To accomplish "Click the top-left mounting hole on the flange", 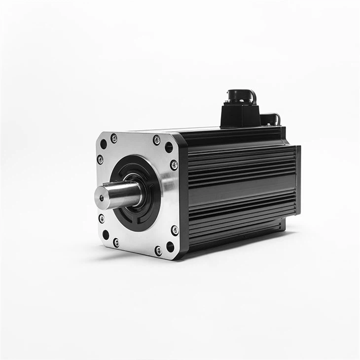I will [x=104, y=144].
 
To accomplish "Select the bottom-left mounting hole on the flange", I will [x=106, y=235].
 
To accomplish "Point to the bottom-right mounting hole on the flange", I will [x=170, y=246].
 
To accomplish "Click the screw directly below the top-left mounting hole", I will [x=100, y=159].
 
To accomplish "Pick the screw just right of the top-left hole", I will [x=114, y=139].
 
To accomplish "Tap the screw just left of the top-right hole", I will [x=156, y=140].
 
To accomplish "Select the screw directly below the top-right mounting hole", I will [x=174, y=165].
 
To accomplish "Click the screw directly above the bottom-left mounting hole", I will [x=102, y=218].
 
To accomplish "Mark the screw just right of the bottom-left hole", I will [x=116, y=243].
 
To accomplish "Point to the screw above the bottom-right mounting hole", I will [x=175, y=230].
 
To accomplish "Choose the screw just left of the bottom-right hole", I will [x=158, y=251].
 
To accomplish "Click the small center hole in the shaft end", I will [x=102, y=198].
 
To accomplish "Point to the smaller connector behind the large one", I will [x=270, y=119].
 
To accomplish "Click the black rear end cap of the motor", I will [x=298, y=180].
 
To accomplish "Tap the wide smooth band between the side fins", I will [x=242, y=190].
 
